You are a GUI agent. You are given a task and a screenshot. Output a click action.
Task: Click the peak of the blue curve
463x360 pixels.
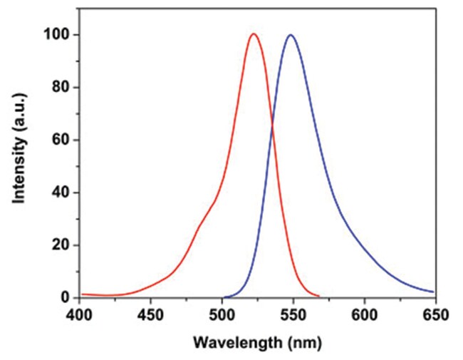(x=290, y=35)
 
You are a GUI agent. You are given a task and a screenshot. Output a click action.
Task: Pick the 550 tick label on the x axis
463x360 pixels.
(x=293, y=314)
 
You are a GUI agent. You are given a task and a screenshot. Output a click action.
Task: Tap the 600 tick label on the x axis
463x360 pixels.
(x=364, y=314)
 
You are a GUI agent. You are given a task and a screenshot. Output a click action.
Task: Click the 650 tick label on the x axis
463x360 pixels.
(x=434, y=314)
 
